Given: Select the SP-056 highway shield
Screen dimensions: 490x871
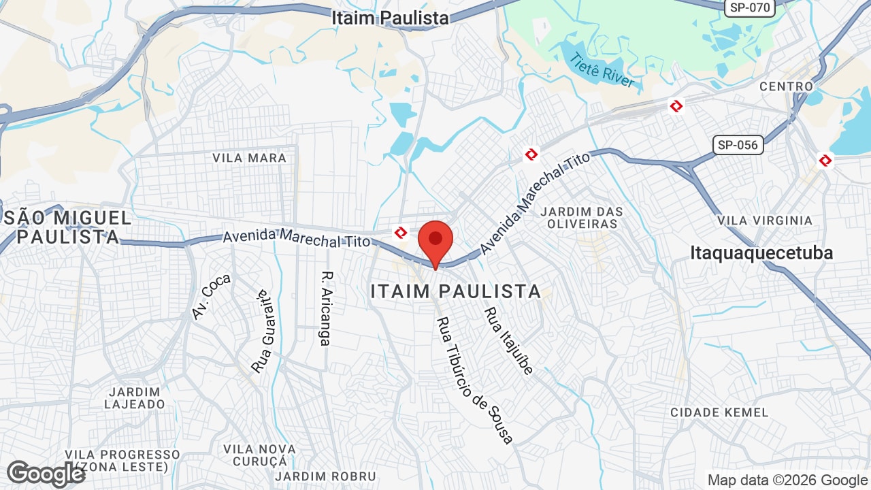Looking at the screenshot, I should [x=738, y=144].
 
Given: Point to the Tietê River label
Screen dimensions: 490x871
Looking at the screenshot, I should [x=603, y=70].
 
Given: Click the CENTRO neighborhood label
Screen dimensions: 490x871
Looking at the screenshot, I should [x=786, y=86].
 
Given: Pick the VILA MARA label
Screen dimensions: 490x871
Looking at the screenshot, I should [x=249, y=158].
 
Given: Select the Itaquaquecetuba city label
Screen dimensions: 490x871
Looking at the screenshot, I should [x=761, y=253].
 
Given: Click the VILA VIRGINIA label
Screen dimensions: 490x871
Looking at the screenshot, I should [x=765, y=220].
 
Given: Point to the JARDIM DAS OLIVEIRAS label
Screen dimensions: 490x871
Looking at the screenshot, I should [x=581, y=218].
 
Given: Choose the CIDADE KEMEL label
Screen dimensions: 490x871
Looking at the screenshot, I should [x=719, y=412].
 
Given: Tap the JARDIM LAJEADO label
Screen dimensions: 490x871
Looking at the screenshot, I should [x=135, y=398].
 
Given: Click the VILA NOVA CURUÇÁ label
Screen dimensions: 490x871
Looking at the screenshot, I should [x=260, y=455].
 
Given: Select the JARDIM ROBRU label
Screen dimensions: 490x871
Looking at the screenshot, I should [x=325, y=476].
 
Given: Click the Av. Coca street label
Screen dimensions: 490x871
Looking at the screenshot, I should [x=211, y=297].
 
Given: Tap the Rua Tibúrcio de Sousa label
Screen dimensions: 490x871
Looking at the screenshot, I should [x=475, y=380].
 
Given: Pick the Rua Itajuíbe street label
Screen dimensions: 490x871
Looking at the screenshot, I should [x=508, y=340].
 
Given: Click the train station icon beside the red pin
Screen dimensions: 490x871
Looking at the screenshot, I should [x=401, y=233].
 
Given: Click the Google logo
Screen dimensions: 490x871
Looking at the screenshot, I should [x=46, y=474].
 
